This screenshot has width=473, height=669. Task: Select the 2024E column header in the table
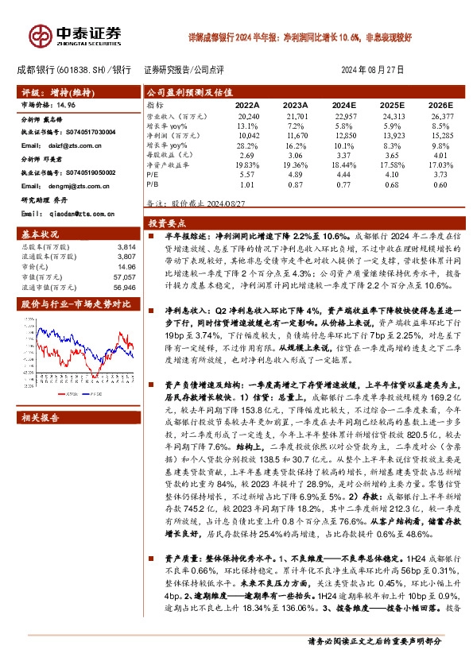pos(345,105)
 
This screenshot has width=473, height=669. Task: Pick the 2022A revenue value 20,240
pos(248,116)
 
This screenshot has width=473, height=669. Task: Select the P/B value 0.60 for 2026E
pos(440,184)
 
